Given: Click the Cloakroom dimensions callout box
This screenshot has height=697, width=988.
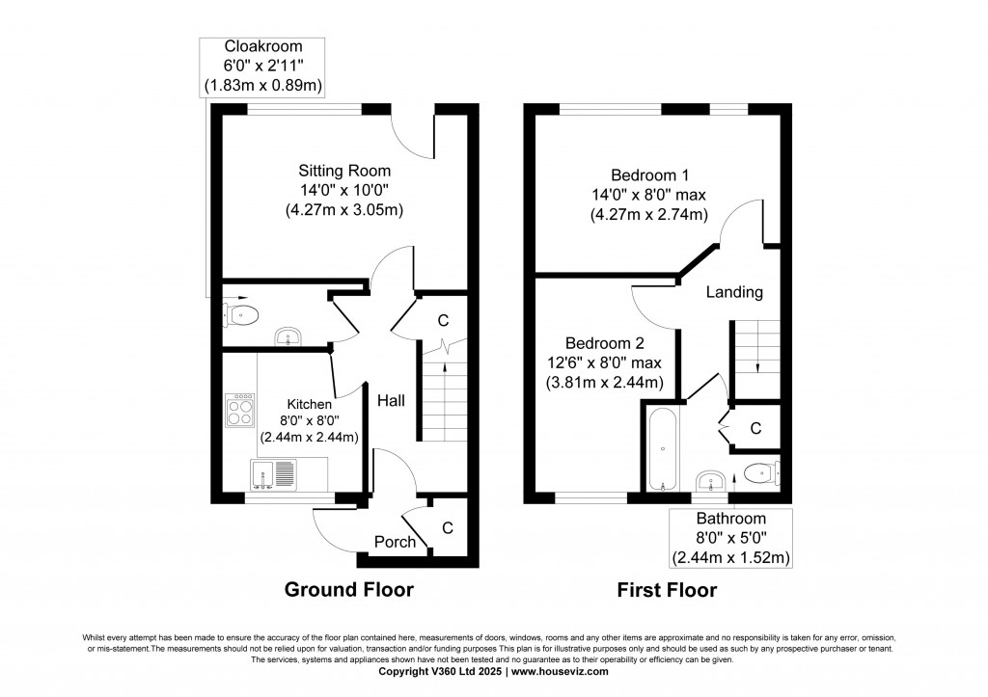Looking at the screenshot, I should pyautogui.click(x=262, y=67).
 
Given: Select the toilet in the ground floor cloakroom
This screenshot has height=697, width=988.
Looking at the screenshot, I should pyautogui.click(x=242, y=312).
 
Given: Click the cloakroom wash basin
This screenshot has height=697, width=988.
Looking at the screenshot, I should pyautogui.click(x=288, y=336).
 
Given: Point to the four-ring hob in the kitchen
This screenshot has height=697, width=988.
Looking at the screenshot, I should pyautogui.click(x=240, y=410).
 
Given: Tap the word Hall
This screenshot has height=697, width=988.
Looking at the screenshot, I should pyautogui.click(x=391, y=400).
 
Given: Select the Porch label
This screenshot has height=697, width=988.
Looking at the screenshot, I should pyautogui.click(x=396, y=542).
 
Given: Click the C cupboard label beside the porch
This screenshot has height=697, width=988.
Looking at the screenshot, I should pyautogui.click(x=447, y=527).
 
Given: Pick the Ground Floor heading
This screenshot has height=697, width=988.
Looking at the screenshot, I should pyautogui.click(x=348, y=590).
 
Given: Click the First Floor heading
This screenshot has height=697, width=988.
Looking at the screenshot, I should pyautogui.click(x=667, y=590).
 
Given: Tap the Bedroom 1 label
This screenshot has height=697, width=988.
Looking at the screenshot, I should pyautogui.click(x=649, y=174).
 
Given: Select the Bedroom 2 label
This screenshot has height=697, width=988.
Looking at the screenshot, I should pyautogui.click(x=605, y=343).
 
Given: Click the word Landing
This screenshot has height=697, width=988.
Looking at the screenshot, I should pyautogui.click(x=734, y=292).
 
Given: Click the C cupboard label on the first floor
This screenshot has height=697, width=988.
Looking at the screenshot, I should pyautogui.click(x=755, y=427).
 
